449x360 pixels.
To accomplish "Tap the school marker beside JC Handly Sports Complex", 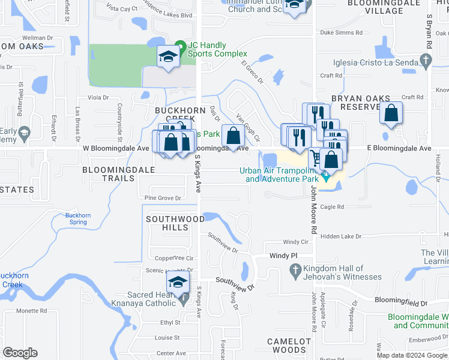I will click(169, 57).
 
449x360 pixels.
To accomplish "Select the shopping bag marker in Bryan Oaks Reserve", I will click(391, 113).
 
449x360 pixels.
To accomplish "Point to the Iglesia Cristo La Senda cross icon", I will click(426, 59).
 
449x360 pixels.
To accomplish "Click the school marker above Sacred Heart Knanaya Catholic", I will click(177, 282).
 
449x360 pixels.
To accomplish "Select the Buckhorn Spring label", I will click(76, 218).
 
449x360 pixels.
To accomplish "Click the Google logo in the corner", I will click(20, 352).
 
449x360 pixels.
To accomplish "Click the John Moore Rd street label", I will click(313, 209).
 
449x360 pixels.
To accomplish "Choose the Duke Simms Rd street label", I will click(342, 33).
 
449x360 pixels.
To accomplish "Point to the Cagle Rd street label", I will click(332, 206).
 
